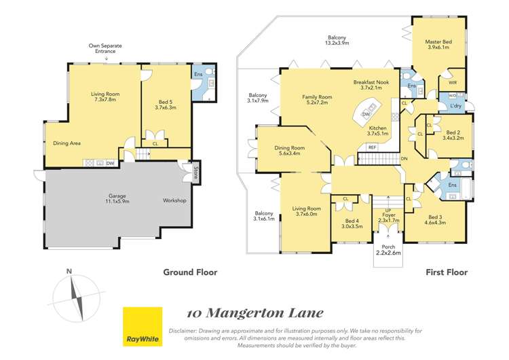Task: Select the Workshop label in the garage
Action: (x=175, y=201)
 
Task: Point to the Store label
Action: (x=195, y=171)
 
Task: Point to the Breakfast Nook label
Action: (x=373, y=84)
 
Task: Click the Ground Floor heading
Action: (x=189, y=272)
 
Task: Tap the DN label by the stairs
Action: (x=404, y=159)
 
